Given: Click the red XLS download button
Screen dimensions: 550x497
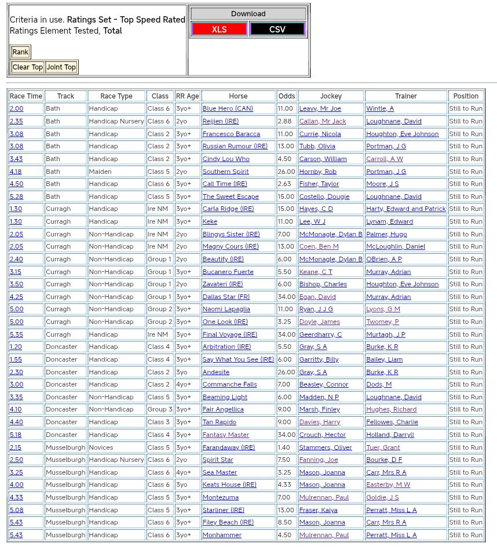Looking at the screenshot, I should pos(219,29).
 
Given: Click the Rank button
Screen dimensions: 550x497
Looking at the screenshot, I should pos(20,52).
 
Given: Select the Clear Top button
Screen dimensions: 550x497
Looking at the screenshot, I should pos(27,67).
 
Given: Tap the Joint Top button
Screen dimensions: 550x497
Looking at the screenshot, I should pos(61,67).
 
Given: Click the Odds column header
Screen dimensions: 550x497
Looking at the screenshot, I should pos(286,96).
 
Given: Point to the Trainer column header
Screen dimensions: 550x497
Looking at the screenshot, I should pos(405,96).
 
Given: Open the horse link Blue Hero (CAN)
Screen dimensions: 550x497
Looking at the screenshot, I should pos(228,109).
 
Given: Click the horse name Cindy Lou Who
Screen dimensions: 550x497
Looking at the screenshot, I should pos(226,159).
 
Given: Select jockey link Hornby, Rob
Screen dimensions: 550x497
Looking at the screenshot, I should pos(317,172).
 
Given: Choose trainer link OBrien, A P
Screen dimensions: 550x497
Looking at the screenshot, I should pos(383,259).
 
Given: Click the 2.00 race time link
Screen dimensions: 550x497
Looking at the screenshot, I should pos(16,109).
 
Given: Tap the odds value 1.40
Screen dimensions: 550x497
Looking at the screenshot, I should pos(284,447).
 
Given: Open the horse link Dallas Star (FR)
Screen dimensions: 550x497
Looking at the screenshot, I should pos(226,297).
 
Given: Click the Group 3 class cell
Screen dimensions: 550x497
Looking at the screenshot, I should pos(159,410).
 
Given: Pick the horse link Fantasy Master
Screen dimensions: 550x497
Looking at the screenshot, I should pos(226,435).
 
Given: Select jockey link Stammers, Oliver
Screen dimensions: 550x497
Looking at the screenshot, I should pos(326,447).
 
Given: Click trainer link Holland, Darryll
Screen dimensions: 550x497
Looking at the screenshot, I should pos(390,435).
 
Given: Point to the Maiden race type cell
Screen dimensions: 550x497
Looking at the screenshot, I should pos(100,172).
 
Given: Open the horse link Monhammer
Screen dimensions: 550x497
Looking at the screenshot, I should pos(222,535).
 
